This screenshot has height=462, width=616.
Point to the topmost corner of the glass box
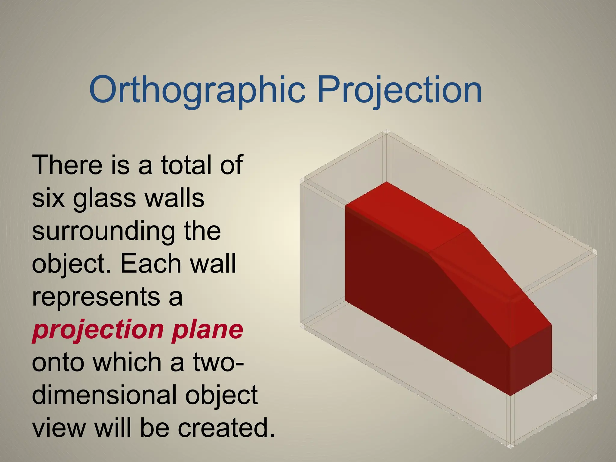386,132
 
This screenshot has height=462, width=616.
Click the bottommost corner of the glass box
510,446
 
